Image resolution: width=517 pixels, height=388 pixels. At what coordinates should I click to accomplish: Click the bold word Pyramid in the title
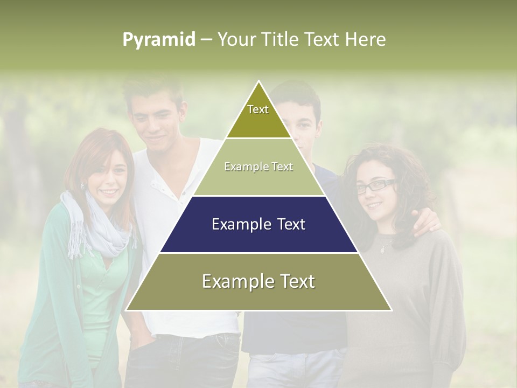(x=158, y=40)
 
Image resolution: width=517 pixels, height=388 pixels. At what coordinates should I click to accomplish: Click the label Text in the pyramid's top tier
(x=258, y=110)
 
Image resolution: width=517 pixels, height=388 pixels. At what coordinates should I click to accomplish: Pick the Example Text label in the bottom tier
(x=258, y=281)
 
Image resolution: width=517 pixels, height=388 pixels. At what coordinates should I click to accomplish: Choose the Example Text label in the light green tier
(x=258, y=167)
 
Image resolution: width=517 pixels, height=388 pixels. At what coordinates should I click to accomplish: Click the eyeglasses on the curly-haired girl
(x=375, y=186)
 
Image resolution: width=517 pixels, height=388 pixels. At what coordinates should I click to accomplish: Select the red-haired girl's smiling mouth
(x=109, y=192)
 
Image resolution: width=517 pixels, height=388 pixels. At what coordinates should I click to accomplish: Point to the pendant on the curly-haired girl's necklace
(x=383, y=249)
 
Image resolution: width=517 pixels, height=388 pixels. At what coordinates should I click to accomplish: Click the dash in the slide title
(x=206, y=40)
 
